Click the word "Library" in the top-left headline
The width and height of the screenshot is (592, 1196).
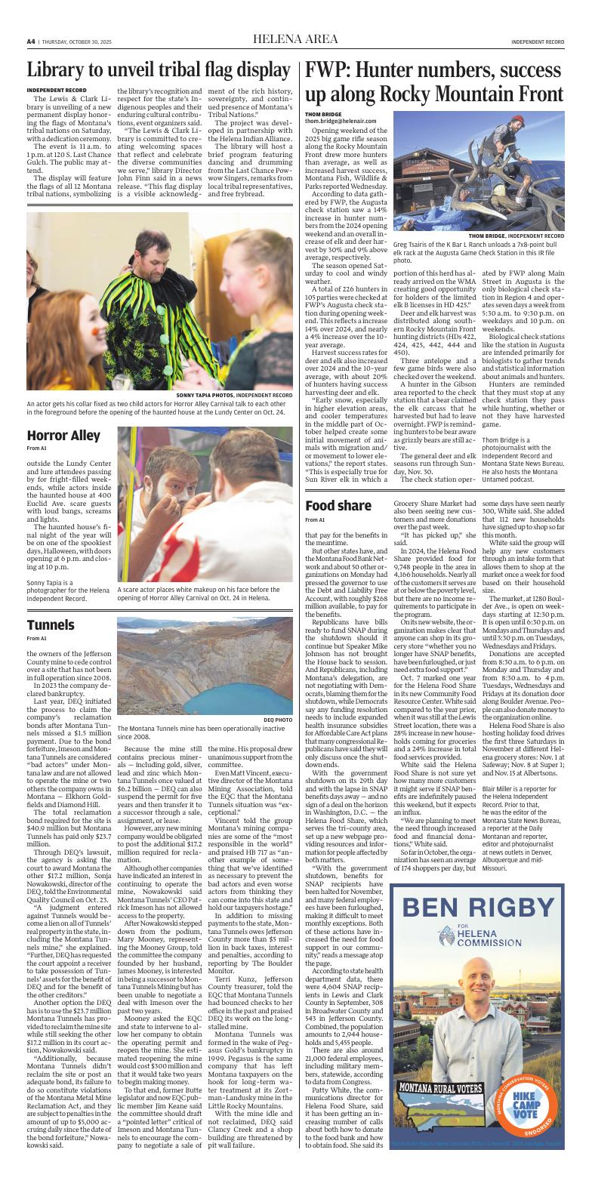58,71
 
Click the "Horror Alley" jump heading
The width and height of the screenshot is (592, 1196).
63,436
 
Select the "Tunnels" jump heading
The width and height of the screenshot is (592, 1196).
51,624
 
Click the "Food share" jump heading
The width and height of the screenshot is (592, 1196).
338,506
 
